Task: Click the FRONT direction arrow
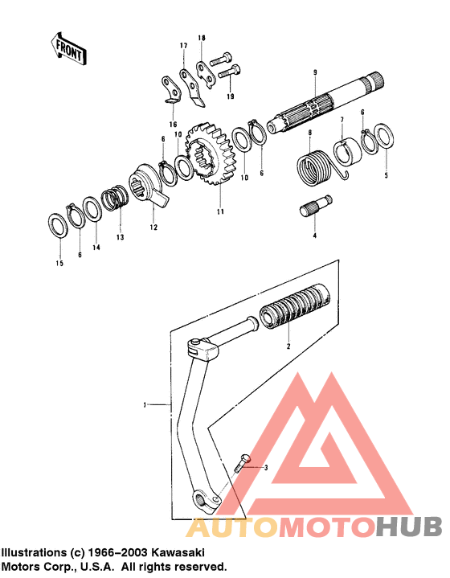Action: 68,49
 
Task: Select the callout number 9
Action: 315,72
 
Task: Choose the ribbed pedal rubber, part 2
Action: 294,306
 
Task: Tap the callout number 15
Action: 59,263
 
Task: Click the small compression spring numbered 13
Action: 115,199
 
